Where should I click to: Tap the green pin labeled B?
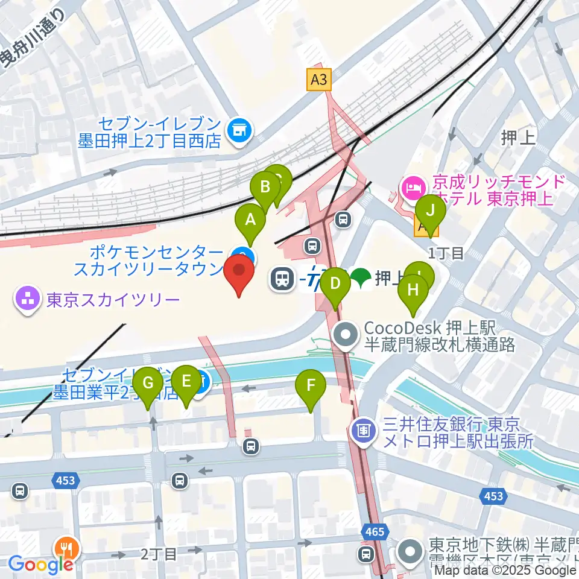click(x=265, y=187)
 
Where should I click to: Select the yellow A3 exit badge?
click(x=320, y=79)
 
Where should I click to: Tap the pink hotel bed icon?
click(x=413, y=188)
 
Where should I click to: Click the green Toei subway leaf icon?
click(x=361, y=278)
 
